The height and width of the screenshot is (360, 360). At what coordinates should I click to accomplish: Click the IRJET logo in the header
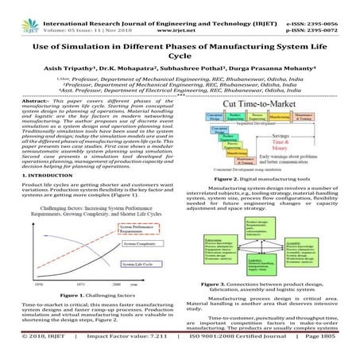tap(16, 10)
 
